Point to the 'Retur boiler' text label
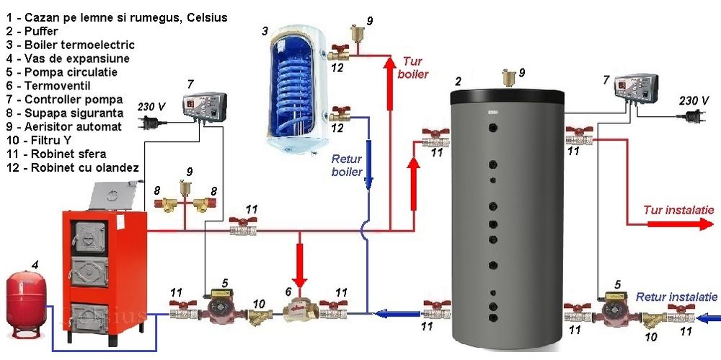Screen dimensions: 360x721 coord(346,165)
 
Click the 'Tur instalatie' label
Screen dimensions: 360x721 coord(678,210)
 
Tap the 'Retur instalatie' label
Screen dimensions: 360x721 coord(676,297)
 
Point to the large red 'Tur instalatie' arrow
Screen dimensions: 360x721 coord(677,224)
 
